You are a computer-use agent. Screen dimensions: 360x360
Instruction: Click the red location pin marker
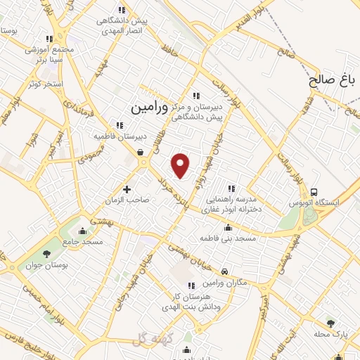181,165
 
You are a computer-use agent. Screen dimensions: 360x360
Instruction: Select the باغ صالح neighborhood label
334,80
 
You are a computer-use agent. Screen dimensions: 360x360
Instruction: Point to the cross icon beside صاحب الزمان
127,188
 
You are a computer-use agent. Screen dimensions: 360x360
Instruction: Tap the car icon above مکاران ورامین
224,271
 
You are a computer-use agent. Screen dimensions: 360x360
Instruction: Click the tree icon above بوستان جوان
47,254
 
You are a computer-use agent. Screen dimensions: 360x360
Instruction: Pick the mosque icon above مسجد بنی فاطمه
226,227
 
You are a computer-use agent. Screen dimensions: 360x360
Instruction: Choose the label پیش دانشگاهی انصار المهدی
123,25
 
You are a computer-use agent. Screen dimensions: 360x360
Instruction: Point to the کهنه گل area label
147,340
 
